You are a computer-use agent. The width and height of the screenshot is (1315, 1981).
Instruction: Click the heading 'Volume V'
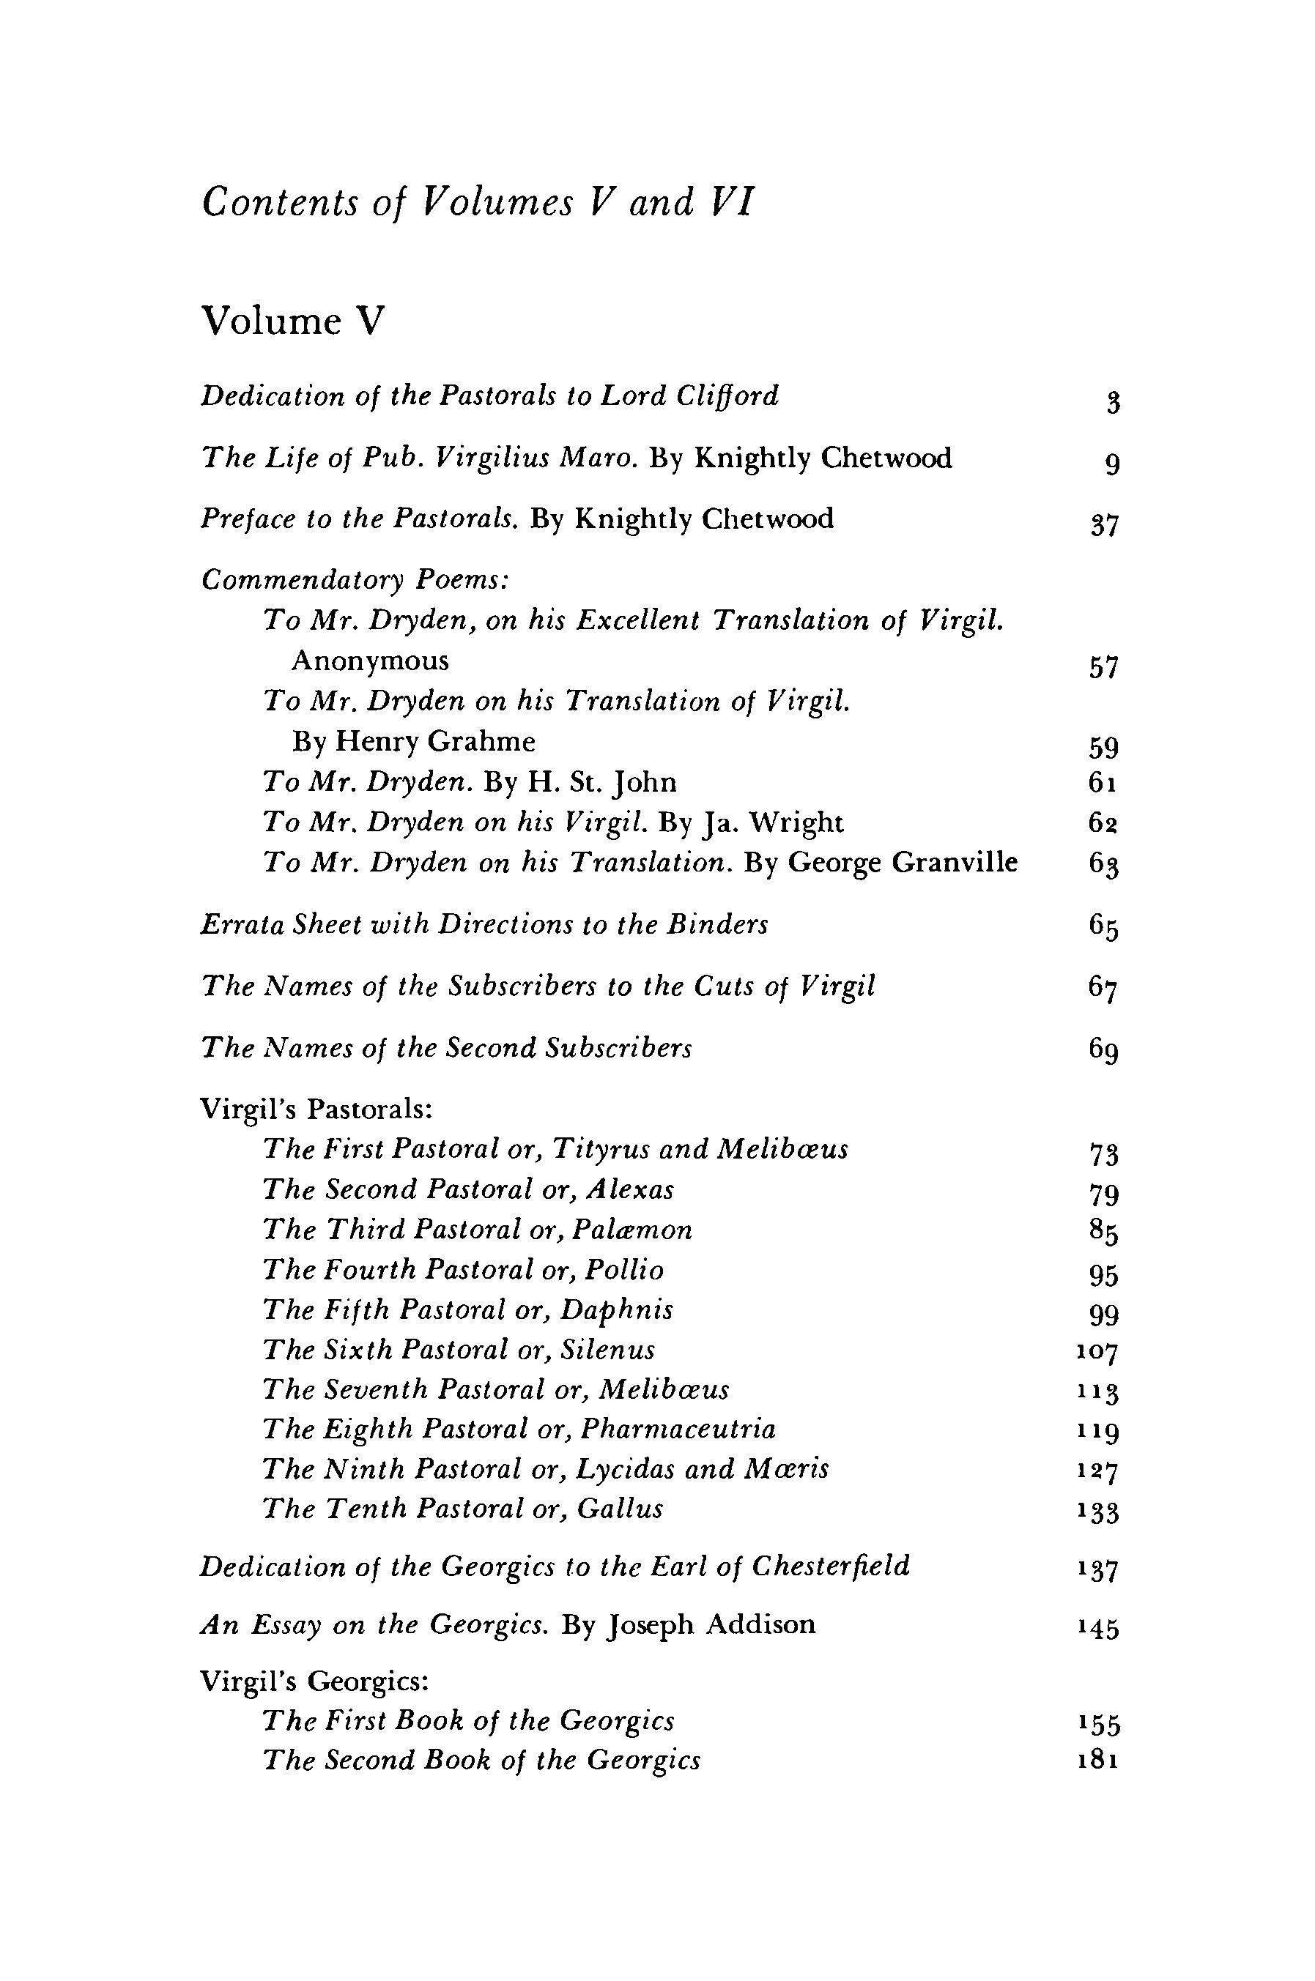294,321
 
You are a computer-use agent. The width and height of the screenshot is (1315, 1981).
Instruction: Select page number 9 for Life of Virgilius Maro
1112,463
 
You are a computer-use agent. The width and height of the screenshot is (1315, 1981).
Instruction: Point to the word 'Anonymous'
370,661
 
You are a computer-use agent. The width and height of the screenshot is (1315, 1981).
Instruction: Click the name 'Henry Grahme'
435,742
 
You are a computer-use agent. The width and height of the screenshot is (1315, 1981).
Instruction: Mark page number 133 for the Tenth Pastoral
1099,1512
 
